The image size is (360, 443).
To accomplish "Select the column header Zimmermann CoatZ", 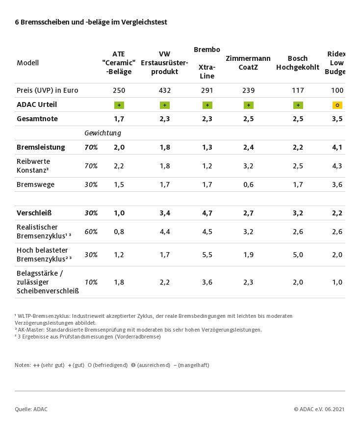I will click(248, 63).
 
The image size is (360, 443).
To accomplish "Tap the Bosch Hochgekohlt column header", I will click(298, 63).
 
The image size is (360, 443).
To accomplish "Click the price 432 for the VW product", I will click(164, 90).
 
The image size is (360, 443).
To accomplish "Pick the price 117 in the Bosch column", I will click(298, 90).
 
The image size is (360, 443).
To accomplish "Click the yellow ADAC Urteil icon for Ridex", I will click(337, 105).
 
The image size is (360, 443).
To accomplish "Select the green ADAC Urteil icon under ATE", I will click(119, 105).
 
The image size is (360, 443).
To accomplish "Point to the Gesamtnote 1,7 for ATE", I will click(119, 119).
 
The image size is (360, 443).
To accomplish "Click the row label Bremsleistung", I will click(41, 147).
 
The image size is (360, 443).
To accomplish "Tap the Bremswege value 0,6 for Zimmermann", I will click(248, 184).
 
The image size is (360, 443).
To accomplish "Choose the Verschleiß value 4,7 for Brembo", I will click(207, 213).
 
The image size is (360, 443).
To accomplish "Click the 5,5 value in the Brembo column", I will click(207, 255).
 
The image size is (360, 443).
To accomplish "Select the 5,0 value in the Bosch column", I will click(298, 255).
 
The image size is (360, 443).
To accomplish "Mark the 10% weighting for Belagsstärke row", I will click(91, 282).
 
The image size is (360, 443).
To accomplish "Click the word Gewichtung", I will click(103, 133).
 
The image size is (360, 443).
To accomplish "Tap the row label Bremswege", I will click(35, 184).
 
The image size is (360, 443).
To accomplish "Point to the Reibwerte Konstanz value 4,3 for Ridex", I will click(337, 166).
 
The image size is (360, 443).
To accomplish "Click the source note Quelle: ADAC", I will click(31, 409).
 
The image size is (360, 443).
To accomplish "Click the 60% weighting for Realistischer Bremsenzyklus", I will click(91, 232).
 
